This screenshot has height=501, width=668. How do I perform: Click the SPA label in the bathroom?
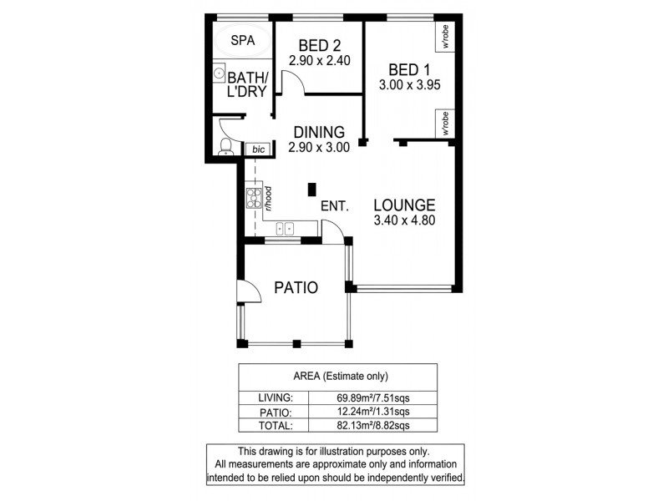coord(243,39)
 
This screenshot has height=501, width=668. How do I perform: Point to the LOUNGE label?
coord(404,205)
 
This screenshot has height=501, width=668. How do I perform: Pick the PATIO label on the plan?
coord(296,289)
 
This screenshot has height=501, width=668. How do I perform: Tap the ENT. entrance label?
coord(333,205)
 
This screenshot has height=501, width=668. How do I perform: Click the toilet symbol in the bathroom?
coord(224,149)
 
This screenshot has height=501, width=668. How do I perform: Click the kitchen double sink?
coord(286,227)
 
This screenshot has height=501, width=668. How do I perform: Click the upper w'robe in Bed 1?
coord(446,37)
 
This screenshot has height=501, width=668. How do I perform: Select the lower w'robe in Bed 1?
coord(446,124)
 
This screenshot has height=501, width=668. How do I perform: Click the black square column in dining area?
coord(313,189)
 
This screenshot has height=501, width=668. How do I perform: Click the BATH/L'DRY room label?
coord(241,84)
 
